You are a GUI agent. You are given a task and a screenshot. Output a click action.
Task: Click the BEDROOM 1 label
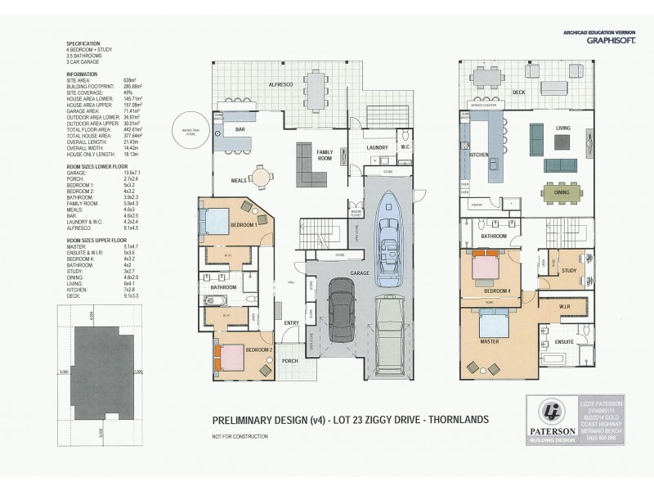click(244, 224)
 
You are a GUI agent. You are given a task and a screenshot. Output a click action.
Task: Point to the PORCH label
click(288, 359)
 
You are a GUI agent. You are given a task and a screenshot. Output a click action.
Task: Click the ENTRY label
click(292, 323)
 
